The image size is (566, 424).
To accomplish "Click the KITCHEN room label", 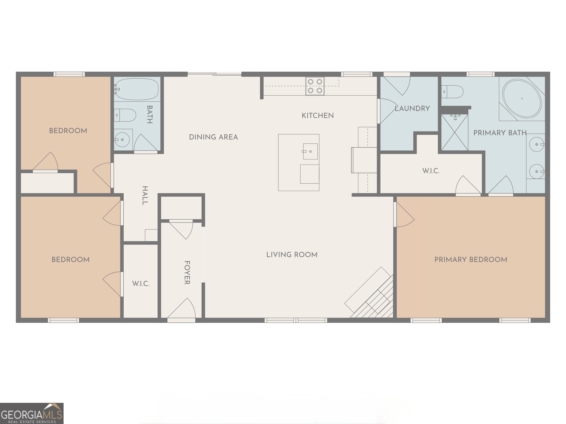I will click(317, 116).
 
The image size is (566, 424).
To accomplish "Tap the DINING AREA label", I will click(213, 137).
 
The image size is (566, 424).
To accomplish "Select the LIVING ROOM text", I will click(292, 255).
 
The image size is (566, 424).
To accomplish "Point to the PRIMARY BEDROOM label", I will click(471, 260).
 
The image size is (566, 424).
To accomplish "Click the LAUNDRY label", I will click(412, 108).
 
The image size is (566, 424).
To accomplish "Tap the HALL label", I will click(145, 195).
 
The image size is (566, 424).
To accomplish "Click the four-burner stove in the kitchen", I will click(315, 86).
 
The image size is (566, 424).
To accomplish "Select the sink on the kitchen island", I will click(310, 151).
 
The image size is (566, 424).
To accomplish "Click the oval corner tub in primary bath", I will click(522, 99).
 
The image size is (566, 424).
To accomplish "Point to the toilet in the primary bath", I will click(453, 92).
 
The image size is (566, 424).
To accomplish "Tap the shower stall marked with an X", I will click(454, 132).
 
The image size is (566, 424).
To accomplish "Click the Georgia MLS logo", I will click(32, 413).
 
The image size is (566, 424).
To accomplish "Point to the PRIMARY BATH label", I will click(500, 133).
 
